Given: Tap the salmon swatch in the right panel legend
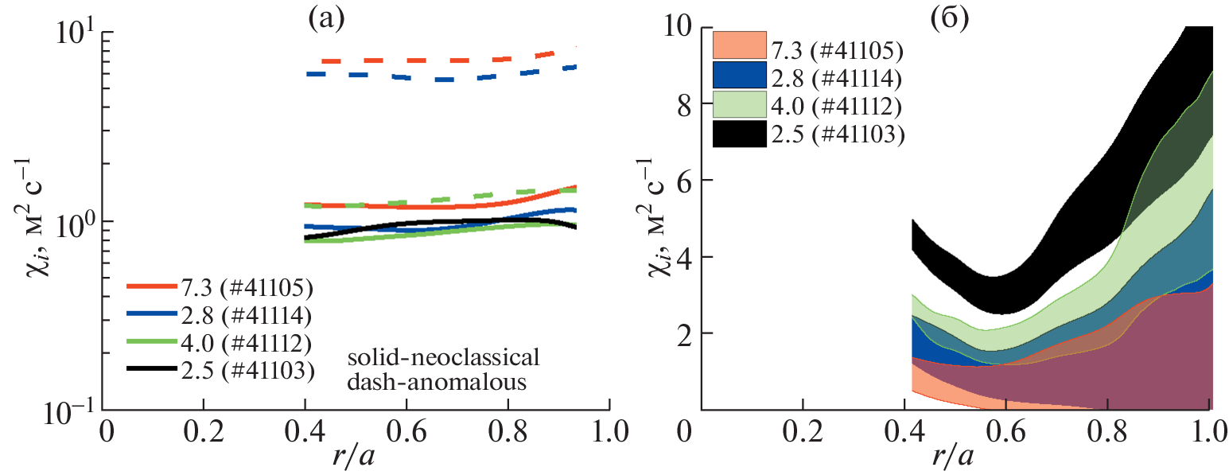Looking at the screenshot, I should pos(739,47).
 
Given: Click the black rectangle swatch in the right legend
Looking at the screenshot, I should pos(739,134).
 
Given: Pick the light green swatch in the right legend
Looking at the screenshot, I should pos(739,105).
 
